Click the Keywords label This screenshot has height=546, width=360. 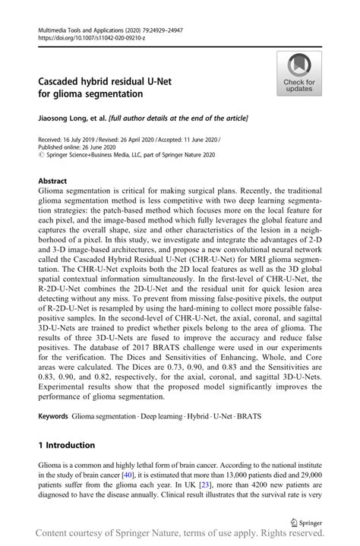[52, 418]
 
